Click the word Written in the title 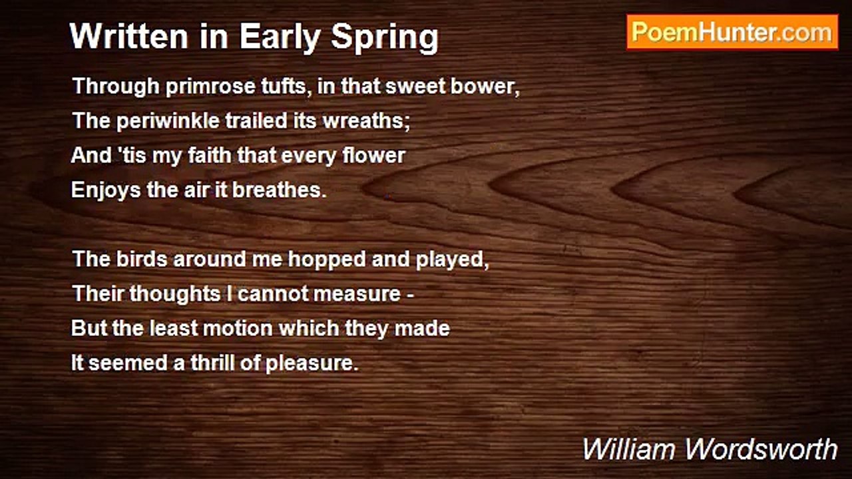(x=129, y=36)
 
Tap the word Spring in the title (x=385, y=39)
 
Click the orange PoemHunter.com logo (x=732, y=33)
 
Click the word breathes (x=280, y=190)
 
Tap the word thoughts (x=175, y=295)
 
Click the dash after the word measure (x=411, y=295)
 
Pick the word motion (x=238, y=329)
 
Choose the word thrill (x=212, y=363)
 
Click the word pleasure (x=312, y=364)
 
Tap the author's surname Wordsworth (x=761, y=449)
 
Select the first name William (x=630, y=449)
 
